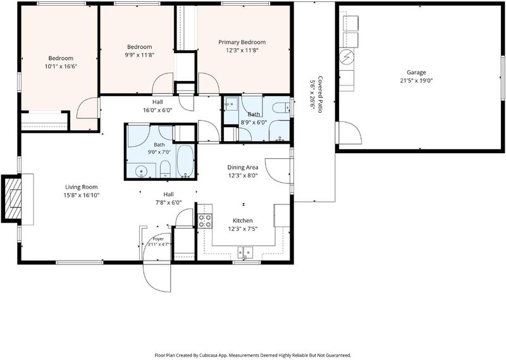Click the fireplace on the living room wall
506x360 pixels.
tap(11, 198)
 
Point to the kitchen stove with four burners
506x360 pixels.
tap(204, 221)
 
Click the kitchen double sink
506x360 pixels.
tap(245, 252)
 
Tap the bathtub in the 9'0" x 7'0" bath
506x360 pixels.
tap(185, 161)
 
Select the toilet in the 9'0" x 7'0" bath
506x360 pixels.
tap(165, 169)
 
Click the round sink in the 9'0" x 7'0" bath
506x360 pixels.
tap(141, 170)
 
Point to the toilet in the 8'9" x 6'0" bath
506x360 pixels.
tap(281, 107)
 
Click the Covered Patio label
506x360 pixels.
tap(316, 94)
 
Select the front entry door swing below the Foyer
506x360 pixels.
tap(157, 278)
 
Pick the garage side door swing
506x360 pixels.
tap(349, 133)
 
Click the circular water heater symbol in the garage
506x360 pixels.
tap(347, 57)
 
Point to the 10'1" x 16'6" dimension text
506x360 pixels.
tap(61, 66)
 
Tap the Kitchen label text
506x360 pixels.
tap(243, 221)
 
